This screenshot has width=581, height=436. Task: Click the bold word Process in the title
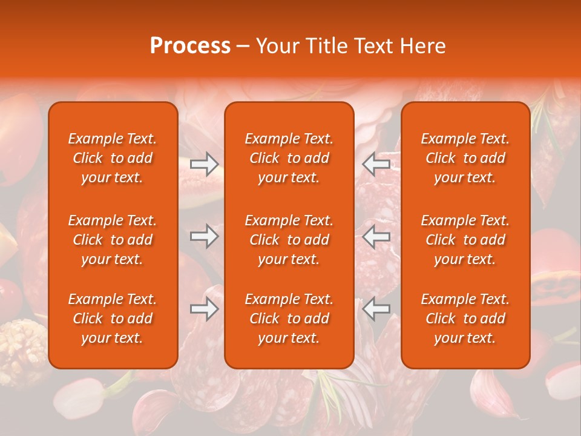point(190,46)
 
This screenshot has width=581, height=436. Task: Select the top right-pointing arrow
point(204,163)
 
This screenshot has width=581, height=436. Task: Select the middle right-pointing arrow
point(204,236)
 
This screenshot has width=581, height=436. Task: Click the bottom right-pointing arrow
point(204,309)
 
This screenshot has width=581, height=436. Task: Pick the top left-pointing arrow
point(376,163)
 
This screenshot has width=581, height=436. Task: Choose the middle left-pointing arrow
point(376,236)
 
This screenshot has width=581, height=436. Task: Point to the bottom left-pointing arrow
point(376,309)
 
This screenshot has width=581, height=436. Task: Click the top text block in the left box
point(113,158)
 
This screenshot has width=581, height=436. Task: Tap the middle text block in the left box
point(113,240)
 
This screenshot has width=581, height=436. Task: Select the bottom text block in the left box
point(113,319)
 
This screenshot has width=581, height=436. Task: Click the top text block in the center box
point(289,158)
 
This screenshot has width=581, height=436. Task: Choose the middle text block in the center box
point(289,240)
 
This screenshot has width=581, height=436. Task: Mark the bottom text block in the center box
point(289,319)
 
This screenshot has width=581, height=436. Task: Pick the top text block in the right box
point(465,158)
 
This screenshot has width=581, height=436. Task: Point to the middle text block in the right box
point(465,240)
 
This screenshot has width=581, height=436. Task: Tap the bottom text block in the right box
point(465,319)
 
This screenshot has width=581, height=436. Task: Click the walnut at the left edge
point(21,348)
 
